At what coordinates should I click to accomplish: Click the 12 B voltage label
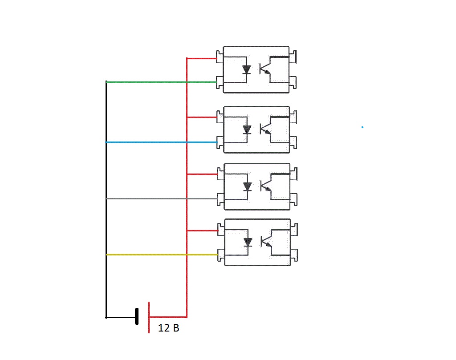tap(168, 328)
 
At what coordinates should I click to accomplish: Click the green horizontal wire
tap(161, 82)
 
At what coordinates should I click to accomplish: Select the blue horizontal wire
tap(161, 142)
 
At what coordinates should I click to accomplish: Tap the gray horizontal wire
tap(162, 199)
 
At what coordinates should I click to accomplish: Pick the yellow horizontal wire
tap(162, 255)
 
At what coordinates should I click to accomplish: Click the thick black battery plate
tap(137, 316)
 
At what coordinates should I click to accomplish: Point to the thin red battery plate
tap(149, 317)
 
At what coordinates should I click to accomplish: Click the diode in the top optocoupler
tap(247, 70)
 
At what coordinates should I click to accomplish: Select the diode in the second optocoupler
tap(247, 129)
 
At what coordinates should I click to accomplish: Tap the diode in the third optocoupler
tap(248, 186)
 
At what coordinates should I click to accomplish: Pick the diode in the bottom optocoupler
tap(248, 242)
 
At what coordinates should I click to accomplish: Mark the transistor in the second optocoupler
tap(266, 129)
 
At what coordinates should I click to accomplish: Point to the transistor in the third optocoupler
tap(266, 186)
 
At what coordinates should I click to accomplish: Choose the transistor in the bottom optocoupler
tap(267, 242)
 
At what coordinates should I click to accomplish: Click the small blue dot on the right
tap(362, 127)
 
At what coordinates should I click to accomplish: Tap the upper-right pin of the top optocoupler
tap(293, 57)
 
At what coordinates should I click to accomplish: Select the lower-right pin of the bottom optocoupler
tap(294, 255)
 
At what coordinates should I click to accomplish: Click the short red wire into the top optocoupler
tap(202, 58)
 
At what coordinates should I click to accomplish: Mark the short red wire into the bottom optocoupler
tap(203, 231)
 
